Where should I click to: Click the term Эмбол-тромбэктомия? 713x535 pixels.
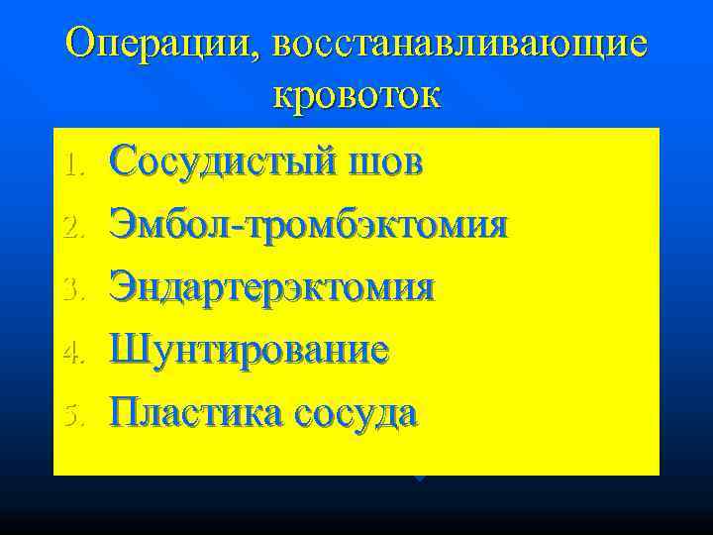coord(309,224)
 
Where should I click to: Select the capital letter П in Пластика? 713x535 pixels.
coord(124,411)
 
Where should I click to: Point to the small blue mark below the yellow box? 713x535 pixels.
coord(420,479)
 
